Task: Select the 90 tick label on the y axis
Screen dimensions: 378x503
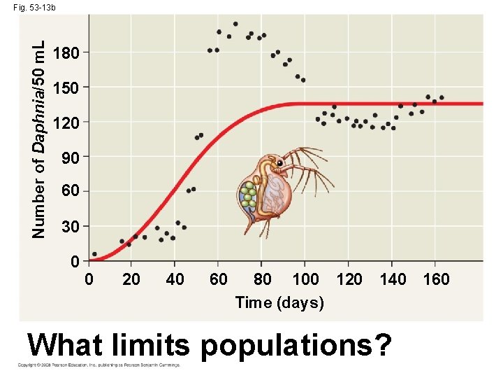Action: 70,157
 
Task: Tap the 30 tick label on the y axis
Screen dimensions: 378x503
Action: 70,227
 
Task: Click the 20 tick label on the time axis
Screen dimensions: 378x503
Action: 131,280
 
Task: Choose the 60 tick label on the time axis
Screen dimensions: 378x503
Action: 219,280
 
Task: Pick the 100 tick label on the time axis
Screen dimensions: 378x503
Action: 305,280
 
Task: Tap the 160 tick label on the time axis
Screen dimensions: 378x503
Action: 436,280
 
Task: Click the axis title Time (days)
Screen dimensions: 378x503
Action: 279,302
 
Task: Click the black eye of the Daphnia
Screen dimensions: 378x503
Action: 279,164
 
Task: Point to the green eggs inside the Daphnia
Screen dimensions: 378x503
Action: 248,195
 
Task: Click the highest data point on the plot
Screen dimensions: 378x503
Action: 235,24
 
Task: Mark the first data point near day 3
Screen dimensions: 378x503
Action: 94,254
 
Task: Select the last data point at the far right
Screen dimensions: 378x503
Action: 442,98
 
